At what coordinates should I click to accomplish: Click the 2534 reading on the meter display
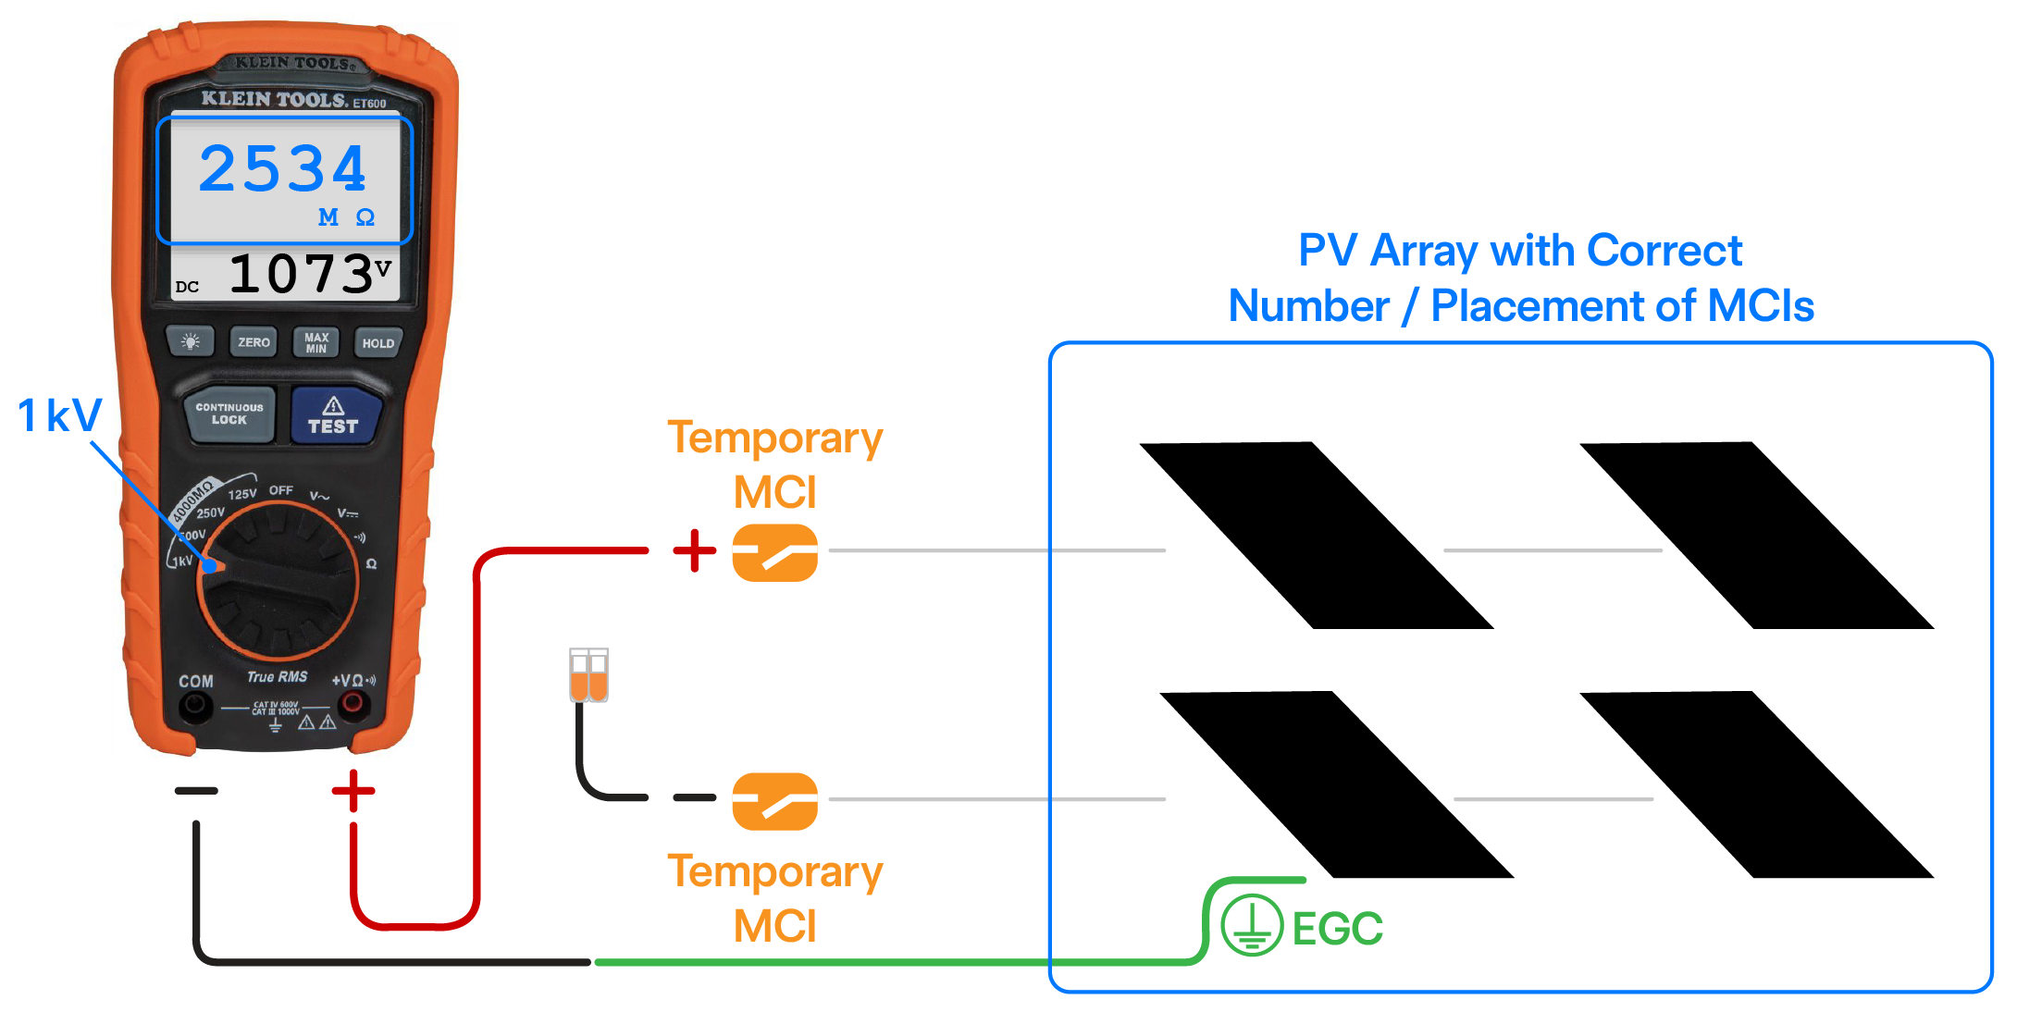coord(283,169)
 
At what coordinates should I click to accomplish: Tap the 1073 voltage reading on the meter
coord(301,275)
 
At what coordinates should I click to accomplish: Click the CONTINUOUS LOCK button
coord(229,413)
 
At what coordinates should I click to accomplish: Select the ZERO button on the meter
coord(254,342)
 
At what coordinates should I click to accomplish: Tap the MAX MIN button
coord(316,342)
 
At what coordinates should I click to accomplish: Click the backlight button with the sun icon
coord(191,341)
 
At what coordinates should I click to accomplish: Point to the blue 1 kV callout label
coord(60,415)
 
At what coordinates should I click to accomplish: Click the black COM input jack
coord(195,707)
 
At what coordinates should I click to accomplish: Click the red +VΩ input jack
coord(352,705)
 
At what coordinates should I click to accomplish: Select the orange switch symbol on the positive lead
coord(774,552)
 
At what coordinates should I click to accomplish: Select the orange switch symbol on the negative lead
coord(774,801)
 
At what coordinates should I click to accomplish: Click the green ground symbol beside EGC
coord(1251,925)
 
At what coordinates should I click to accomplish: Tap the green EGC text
coord(1337,929)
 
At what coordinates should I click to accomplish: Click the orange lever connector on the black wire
coord(588,675)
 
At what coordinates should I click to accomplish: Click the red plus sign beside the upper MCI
coord(694,551)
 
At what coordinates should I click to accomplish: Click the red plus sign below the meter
coord(353,791)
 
